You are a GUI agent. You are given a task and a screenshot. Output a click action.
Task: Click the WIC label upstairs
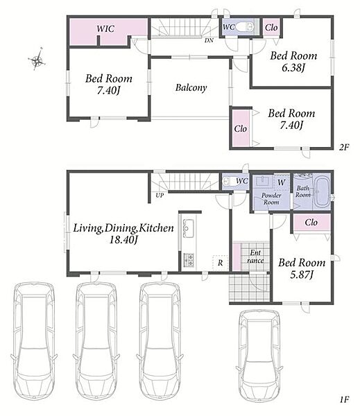click(105, 28)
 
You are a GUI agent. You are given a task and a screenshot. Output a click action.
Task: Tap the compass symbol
click(37, 60)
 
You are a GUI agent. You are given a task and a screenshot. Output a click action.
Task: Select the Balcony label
click(191, 87)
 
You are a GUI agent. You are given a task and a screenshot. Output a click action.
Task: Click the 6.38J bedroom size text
click(293, 68)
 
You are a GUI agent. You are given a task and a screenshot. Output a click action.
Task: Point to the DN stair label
click(209, 41)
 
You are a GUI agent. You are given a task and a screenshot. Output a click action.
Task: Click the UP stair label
click(160, 196)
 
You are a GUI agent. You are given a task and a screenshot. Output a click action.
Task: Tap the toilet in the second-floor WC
click(245, 27)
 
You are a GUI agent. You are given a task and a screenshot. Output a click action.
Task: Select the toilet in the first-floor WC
click(228, 182)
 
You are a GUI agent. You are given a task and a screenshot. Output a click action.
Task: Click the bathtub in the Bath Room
click(322, 192)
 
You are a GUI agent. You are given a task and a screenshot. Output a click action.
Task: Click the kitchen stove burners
click(189, 260)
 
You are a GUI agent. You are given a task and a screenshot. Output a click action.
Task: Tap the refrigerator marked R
click(220, 263)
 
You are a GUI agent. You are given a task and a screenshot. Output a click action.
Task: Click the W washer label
click(281, 182)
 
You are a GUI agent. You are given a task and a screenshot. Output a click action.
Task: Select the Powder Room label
click(271, 199)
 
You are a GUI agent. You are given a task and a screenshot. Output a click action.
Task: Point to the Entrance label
click(255, 257)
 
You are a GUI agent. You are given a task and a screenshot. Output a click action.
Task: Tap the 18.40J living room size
click(123, 240)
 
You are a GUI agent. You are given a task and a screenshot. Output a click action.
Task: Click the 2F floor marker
click(344, 147)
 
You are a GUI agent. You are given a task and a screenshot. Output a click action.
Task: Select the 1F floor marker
click(344, 407)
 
